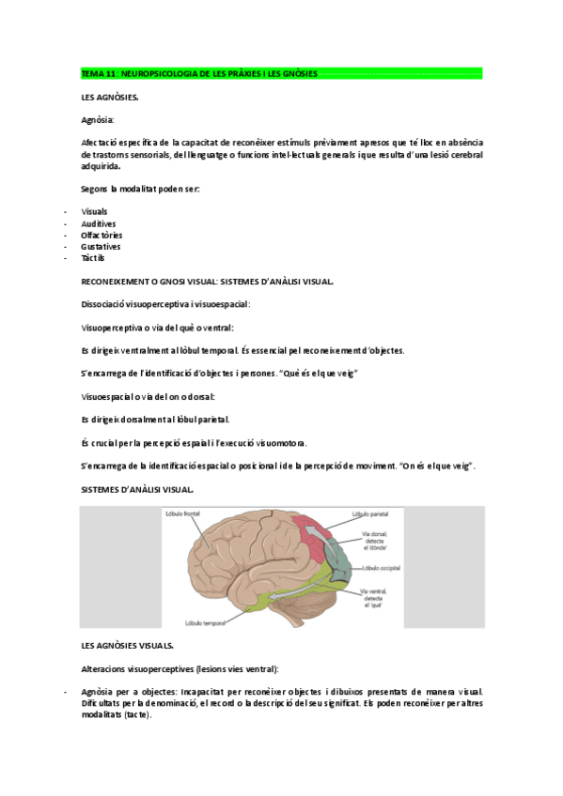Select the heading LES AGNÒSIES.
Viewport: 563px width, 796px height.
point(111,98)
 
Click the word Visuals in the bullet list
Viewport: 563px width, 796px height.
point(95,212)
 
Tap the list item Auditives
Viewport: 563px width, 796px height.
point(99,223)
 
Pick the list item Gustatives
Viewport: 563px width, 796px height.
point(100,246)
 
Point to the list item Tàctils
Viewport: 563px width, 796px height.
point(94,257)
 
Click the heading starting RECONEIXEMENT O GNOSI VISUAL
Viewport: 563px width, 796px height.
point(207,281)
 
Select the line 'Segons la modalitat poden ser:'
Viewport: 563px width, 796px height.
point(140,189)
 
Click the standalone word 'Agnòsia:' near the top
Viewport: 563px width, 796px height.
point(99,120)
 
